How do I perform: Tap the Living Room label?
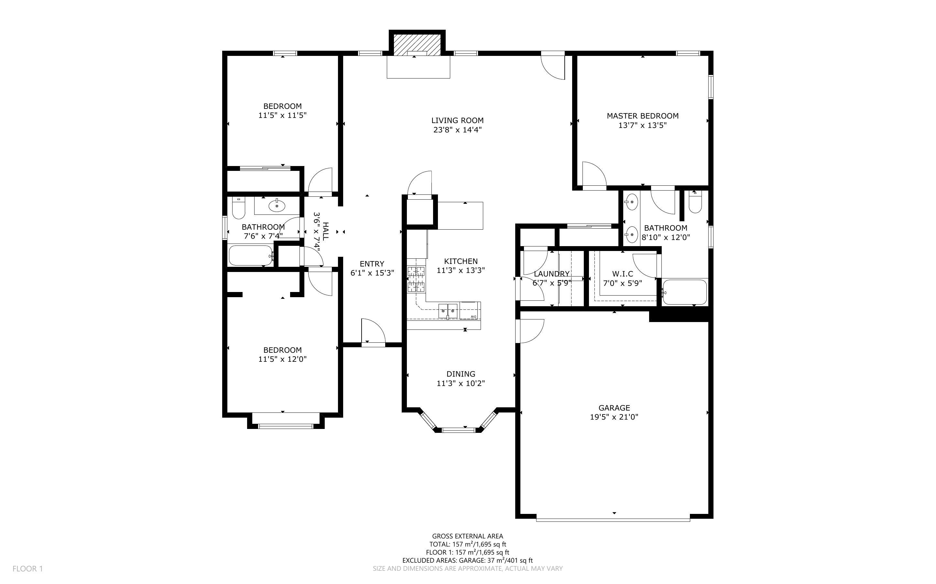point(457,120)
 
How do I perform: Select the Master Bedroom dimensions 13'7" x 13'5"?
point(643,125)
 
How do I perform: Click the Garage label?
point(614,408)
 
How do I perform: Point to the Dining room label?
point(461,374)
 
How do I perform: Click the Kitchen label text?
point(461,261)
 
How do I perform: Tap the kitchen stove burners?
point(416,279)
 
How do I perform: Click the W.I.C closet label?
point(623,274)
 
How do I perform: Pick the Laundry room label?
point(552,274)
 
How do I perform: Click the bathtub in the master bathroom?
point(685,292)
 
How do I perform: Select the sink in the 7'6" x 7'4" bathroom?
point(277,205)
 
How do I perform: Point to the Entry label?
point(372,264)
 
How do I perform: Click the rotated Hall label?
point(326,231)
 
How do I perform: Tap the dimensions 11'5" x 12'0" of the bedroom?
point(283,359)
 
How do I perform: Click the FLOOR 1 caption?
point(28,568)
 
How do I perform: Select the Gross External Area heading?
point(467,536)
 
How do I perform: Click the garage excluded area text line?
point(467,560)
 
